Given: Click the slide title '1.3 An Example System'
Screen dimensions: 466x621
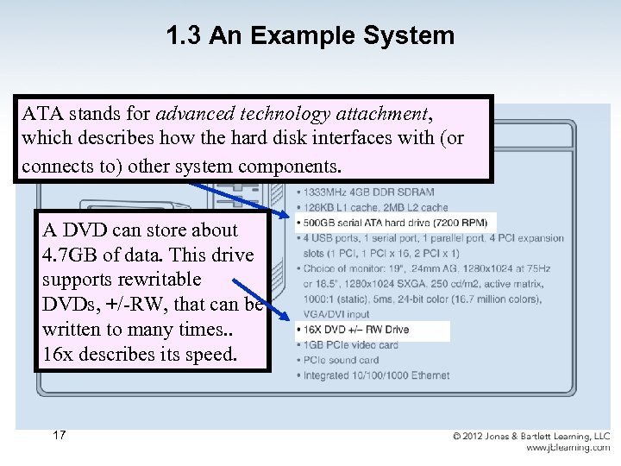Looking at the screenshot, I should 310,35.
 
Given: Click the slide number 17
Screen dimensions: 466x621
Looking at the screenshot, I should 59,435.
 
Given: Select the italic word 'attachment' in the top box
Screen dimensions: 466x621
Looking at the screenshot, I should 382,113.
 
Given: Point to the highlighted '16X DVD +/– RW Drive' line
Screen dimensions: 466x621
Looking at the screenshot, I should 356,330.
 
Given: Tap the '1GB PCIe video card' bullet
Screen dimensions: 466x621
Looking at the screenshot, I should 350,345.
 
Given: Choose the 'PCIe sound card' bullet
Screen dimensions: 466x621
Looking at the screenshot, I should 341,360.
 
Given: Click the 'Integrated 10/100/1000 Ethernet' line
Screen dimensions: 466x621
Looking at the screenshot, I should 376,375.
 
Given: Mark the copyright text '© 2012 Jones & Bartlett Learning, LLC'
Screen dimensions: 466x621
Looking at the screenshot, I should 531,437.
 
